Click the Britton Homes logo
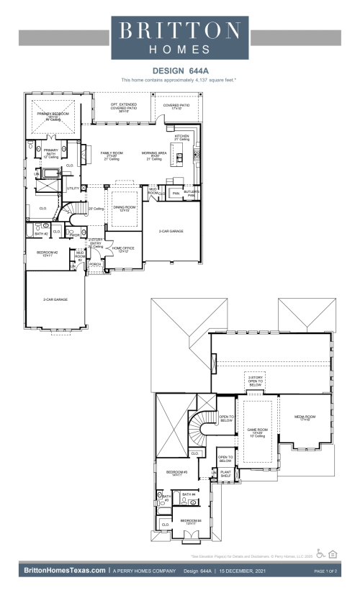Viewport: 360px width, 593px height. pyautogui.click(x=180, y=37)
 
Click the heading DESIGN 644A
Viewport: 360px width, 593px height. pyautogui.click(x=180, y=71)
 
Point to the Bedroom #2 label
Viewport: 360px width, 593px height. pyautogui.click(x=48, y=253)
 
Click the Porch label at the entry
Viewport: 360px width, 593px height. pyautogui.click(x=95, y=265)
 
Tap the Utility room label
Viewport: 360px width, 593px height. pyautogui.click(x=73, y=188)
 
